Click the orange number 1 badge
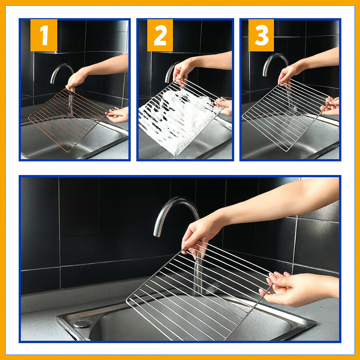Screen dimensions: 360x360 pos(44,35)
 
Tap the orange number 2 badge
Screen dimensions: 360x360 pos(160,35)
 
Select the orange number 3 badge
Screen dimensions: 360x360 pos(261,35)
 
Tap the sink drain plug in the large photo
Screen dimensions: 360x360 pos(82,324)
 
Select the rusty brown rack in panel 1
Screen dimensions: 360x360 pos(68,120)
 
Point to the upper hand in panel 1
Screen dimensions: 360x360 pos(76,79)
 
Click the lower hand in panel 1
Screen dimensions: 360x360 pos(117,115)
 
